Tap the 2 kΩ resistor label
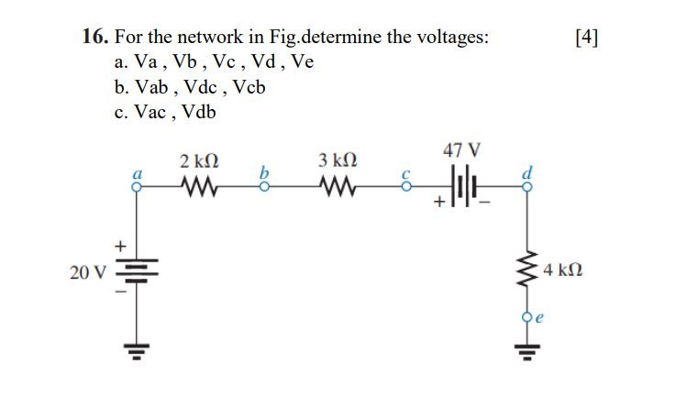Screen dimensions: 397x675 pos(199,161)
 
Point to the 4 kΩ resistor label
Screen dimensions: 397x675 pos(562,272)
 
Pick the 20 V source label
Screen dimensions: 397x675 pos(87,272)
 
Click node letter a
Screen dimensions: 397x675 pos(138,171)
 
